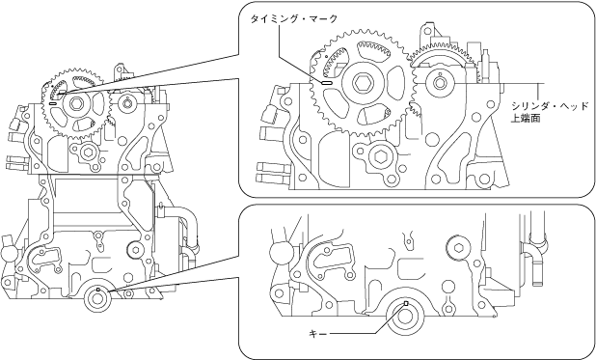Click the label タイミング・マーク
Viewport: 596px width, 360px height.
(294, 18)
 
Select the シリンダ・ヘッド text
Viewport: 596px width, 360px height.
(550, 106)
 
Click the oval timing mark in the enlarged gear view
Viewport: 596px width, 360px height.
(327, 83)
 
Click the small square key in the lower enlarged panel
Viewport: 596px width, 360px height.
(406, 303)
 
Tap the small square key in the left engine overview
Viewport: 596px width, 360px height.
(98, 290)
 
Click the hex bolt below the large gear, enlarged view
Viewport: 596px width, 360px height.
(380, 156)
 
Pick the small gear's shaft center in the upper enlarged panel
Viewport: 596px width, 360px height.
(440, 83)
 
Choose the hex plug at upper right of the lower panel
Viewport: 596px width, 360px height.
(458, 249)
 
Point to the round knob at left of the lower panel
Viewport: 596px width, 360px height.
(280, 253)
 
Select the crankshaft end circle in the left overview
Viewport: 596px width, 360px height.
(97, 299)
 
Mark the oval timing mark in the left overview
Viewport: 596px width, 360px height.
(53, 102)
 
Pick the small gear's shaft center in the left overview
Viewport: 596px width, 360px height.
(126, 103)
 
